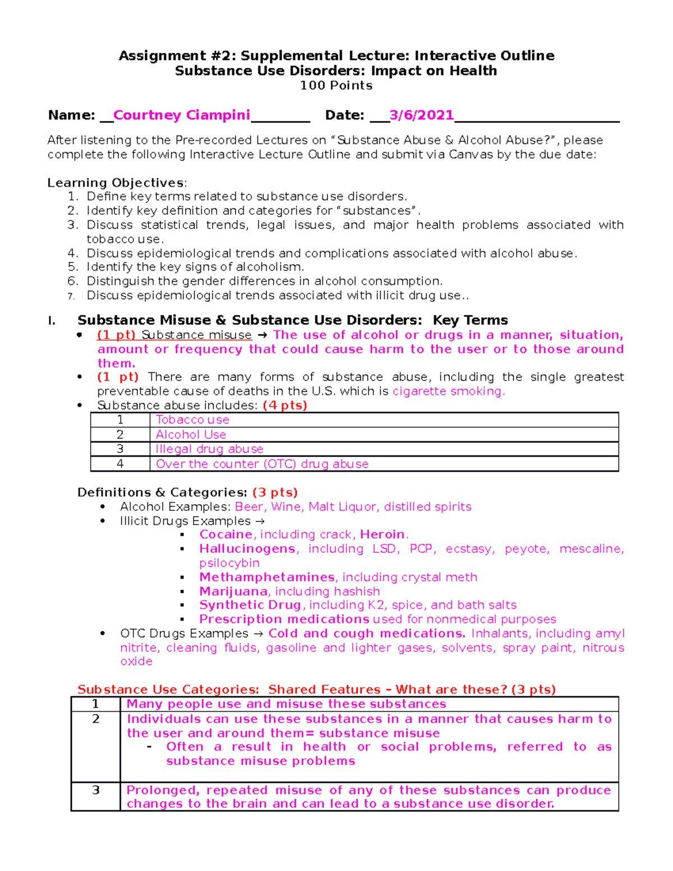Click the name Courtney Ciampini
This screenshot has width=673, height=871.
[181, 115]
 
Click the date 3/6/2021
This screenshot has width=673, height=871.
[421, 115]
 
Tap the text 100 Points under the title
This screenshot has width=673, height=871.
[336, 85]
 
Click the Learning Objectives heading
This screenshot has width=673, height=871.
[116, 183]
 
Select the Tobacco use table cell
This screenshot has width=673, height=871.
[192, 420]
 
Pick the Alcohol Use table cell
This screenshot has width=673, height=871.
[191, 435]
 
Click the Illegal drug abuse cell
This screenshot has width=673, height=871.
[209, 449]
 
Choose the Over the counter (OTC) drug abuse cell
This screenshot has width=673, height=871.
[262, 464]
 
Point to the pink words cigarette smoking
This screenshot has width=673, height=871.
[448, 391]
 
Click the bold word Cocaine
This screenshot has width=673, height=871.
[225, 534]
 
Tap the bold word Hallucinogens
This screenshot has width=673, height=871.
[247, 549]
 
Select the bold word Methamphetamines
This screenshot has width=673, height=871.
[267, 577]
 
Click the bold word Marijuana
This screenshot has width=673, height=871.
[233, 591]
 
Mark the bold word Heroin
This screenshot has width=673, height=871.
[382, 534]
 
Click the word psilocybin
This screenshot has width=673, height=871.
[229, 563]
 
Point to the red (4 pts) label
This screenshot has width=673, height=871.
[284, 405]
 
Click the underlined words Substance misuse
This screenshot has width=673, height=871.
[196, 335]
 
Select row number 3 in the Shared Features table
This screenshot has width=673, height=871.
[95, 790]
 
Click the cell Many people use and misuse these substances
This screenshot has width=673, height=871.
[286, 704]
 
